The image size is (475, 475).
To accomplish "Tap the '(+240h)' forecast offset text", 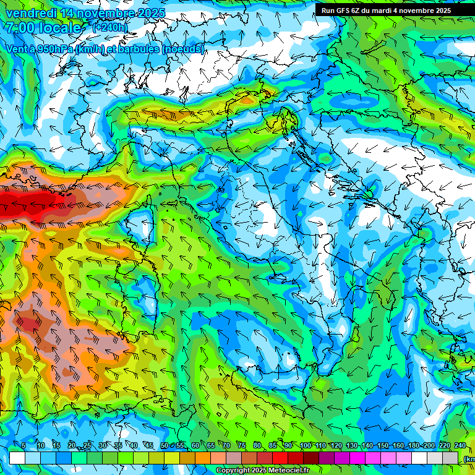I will click(x=109, y=27).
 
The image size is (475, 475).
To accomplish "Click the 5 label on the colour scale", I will click(x=24, y=446).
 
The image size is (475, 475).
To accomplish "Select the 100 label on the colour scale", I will click(x=304, y=446).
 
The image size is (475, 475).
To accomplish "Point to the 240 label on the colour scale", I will click(x=460, y=446).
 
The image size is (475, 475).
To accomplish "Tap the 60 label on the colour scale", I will click(x=195, y=446).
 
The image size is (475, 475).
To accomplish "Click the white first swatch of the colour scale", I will click(x=17, y=458).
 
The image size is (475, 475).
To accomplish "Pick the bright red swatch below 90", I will click(x=281, y=458).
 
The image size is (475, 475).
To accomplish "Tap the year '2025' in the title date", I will click(x=152, y=13).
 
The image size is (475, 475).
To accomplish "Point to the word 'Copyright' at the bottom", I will click(x=233, y=471).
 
